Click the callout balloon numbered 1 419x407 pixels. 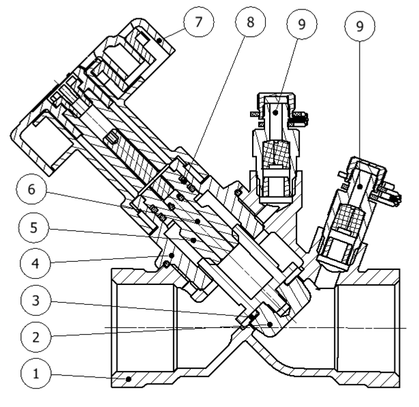(35, 374)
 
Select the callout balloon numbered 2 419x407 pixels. (35, 335)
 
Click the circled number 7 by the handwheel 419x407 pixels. (198, 21)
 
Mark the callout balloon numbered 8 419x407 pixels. (250, 21)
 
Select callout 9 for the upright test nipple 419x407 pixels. (300, 23)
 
